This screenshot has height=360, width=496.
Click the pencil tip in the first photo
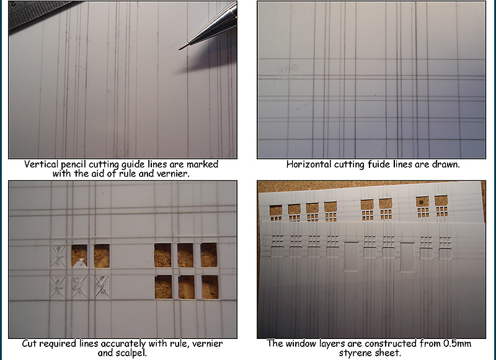pos(180,49)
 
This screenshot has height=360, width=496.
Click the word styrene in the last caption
pos(354,353)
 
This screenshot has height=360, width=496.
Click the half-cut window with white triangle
pos(79,256)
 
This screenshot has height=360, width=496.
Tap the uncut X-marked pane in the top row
pos(58,257)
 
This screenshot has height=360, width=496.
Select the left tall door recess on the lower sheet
pos(351,257)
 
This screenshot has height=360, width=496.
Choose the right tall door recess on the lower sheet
pos(407,257)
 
